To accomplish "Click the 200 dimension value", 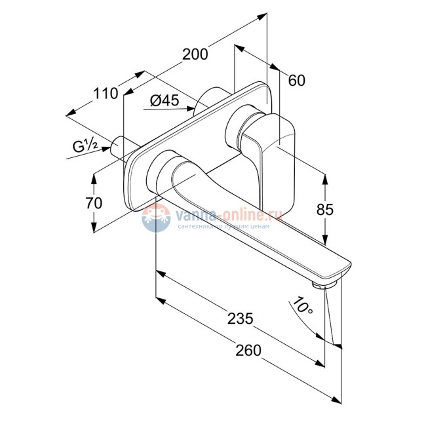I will [195, 54].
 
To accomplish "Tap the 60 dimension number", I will [296, 80].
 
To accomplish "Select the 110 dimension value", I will [106, 94].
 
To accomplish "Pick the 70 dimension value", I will [94, 203].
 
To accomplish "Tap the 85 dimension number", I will [325, 210].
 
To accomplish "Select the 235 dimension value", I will [241, 319].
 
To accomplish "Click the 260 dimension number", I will [248, 351].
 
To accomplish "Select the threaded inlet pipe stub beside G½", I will [121, 145].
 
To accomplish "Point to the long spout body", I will [262, 223].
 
